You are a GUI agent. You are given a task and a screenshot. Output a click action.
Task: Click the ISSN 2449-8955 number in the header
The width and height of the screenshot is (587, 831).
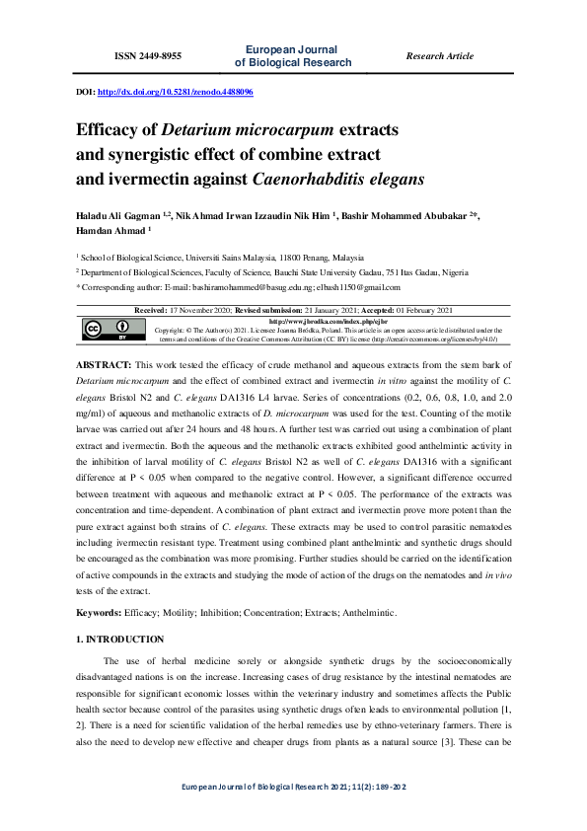click(148, 56)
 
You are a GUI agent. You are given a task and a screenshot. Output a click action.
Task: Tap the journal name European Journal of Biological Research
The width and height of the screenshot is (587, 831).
click(293, 55)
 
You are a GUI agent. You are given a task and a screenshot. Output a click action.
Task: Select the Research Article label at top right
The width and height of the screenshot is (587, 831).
click(439, 56)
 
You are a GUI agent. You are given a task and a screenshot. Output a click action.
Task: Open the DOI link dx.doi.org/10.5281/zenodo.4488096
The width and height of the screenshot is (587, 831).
click(176, 92)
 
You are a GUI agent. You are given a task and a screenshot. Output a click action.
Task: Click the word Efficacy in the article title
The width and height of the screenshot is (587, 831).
click(110, 129)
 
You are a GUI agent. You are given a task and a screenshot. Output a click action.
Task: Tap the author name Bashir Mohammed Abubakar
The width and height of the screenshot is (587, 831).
click(409, 214)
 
